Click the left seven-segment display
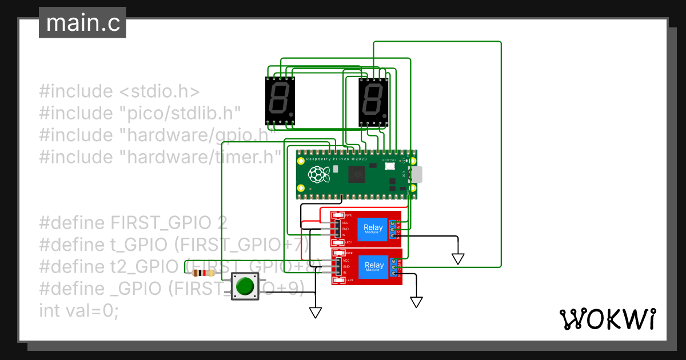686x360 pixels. coord(280,101)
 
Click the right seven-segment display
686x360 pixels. coord(373,101)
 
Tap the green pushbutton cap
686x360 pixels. coord(245,286)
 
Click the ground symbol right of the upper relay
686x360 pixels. coord(457,258)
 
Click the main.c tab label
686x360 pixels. coord(82,23)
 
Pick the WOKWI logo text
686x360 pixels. coord(607,319)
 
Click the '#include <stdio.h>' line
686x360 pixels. coord(119,91)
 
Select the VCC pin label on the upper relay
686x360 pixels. coord(345,222)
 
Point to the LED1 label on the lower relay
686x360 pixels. coord(349,280)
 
